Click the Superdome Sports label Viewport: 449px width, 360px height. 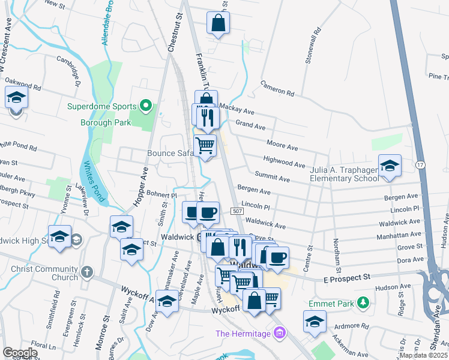click(x=101, y=107)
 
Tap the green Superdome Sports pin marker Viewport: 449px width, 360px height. click(x=145, y=106)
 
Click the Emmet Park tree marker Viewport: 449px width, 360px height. click(x=363, y=302)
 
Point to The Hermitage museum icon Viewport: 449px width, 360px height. click(x=278, y=332)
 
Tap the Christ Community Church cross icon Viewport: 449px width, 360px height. click(x=86, y=272)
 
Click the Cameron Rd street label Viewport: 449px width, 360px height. click(x=277, y=89)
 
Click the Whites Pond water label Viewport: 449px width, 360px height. click(x=94, y=181)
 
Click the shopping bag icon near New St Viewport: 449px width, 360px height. click(x=218, y=24)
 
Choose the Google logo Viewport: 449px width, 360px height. click(x=20, y=353)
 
